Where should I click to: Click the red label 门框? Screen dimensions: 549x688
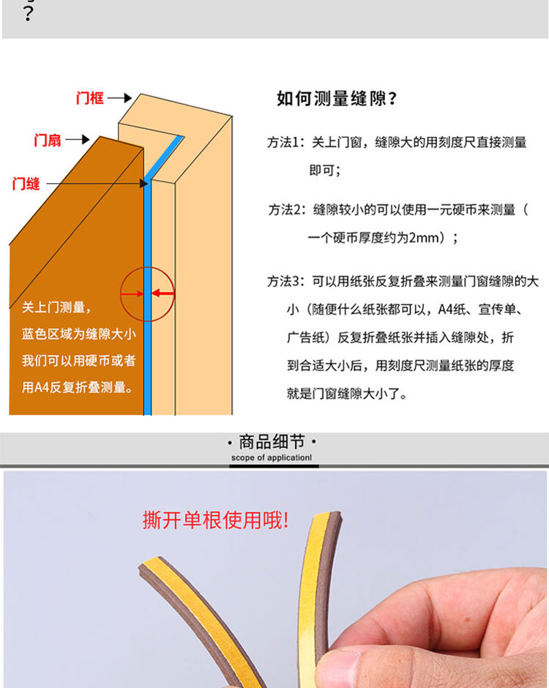click(x=89, y=98)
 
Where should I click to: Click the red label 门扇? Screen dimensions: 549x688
click(x=48, y=141)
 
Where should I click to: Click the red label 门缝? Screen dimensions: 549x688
click(x=26, y=184)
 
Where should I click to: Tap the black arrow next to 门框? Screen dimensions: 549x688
click(x=120, y=98)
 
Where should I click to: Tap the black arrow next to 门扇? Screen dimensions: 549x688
click(x=78, y=140)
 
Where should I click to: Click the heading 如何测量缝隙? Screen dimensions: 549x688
click(x=337, y=98)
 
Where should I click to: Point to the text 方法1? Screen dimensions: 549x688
click(x=285, y=142)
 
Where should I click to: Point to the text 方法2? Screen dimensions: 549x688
click(x=287, y=210)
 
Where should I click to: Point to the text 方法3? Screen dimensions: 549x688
click(x=285, y=281)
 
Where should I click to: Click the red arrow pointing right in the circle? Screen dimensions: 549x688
click(x=132, y=293)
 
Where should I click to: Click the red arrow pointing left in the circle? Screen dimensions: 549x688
click(x=163, y=293)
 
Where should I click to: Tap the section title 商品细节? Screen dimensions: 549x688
click(x=272, y=442)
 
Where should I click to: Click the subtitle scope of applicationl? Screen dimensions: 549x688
click(x=272, y=457)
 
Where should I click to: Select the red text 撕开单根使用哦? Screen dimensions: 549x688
click(x=215, y=520)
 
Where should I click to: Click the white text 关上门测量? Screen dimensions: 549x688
click(x=56, y=307)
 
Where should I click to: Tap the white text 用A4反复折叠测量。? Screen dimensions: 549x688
click(x=78, y=387)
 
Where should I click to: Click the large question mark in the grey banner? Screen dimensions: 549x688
click(x=28, y=14)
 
